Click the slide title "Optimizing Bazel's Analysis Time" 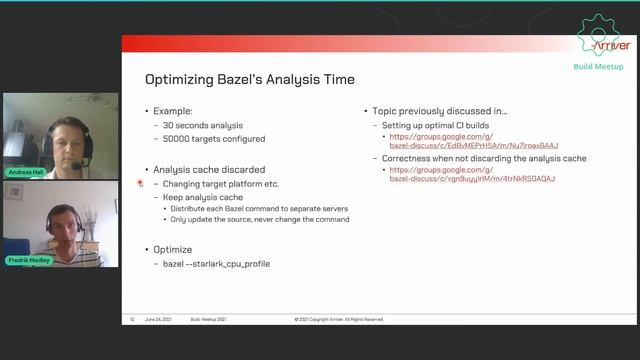click(x=249, y=79)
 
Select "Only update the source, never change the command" click(x=259, y=219)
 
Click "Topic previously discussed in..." click(x=440, y=111)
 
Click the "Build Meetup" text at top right click(x=598, y=67)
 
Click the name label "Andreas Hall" click(x=25, y=172)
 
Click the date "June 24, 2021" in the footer click(x=160, y=319)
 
